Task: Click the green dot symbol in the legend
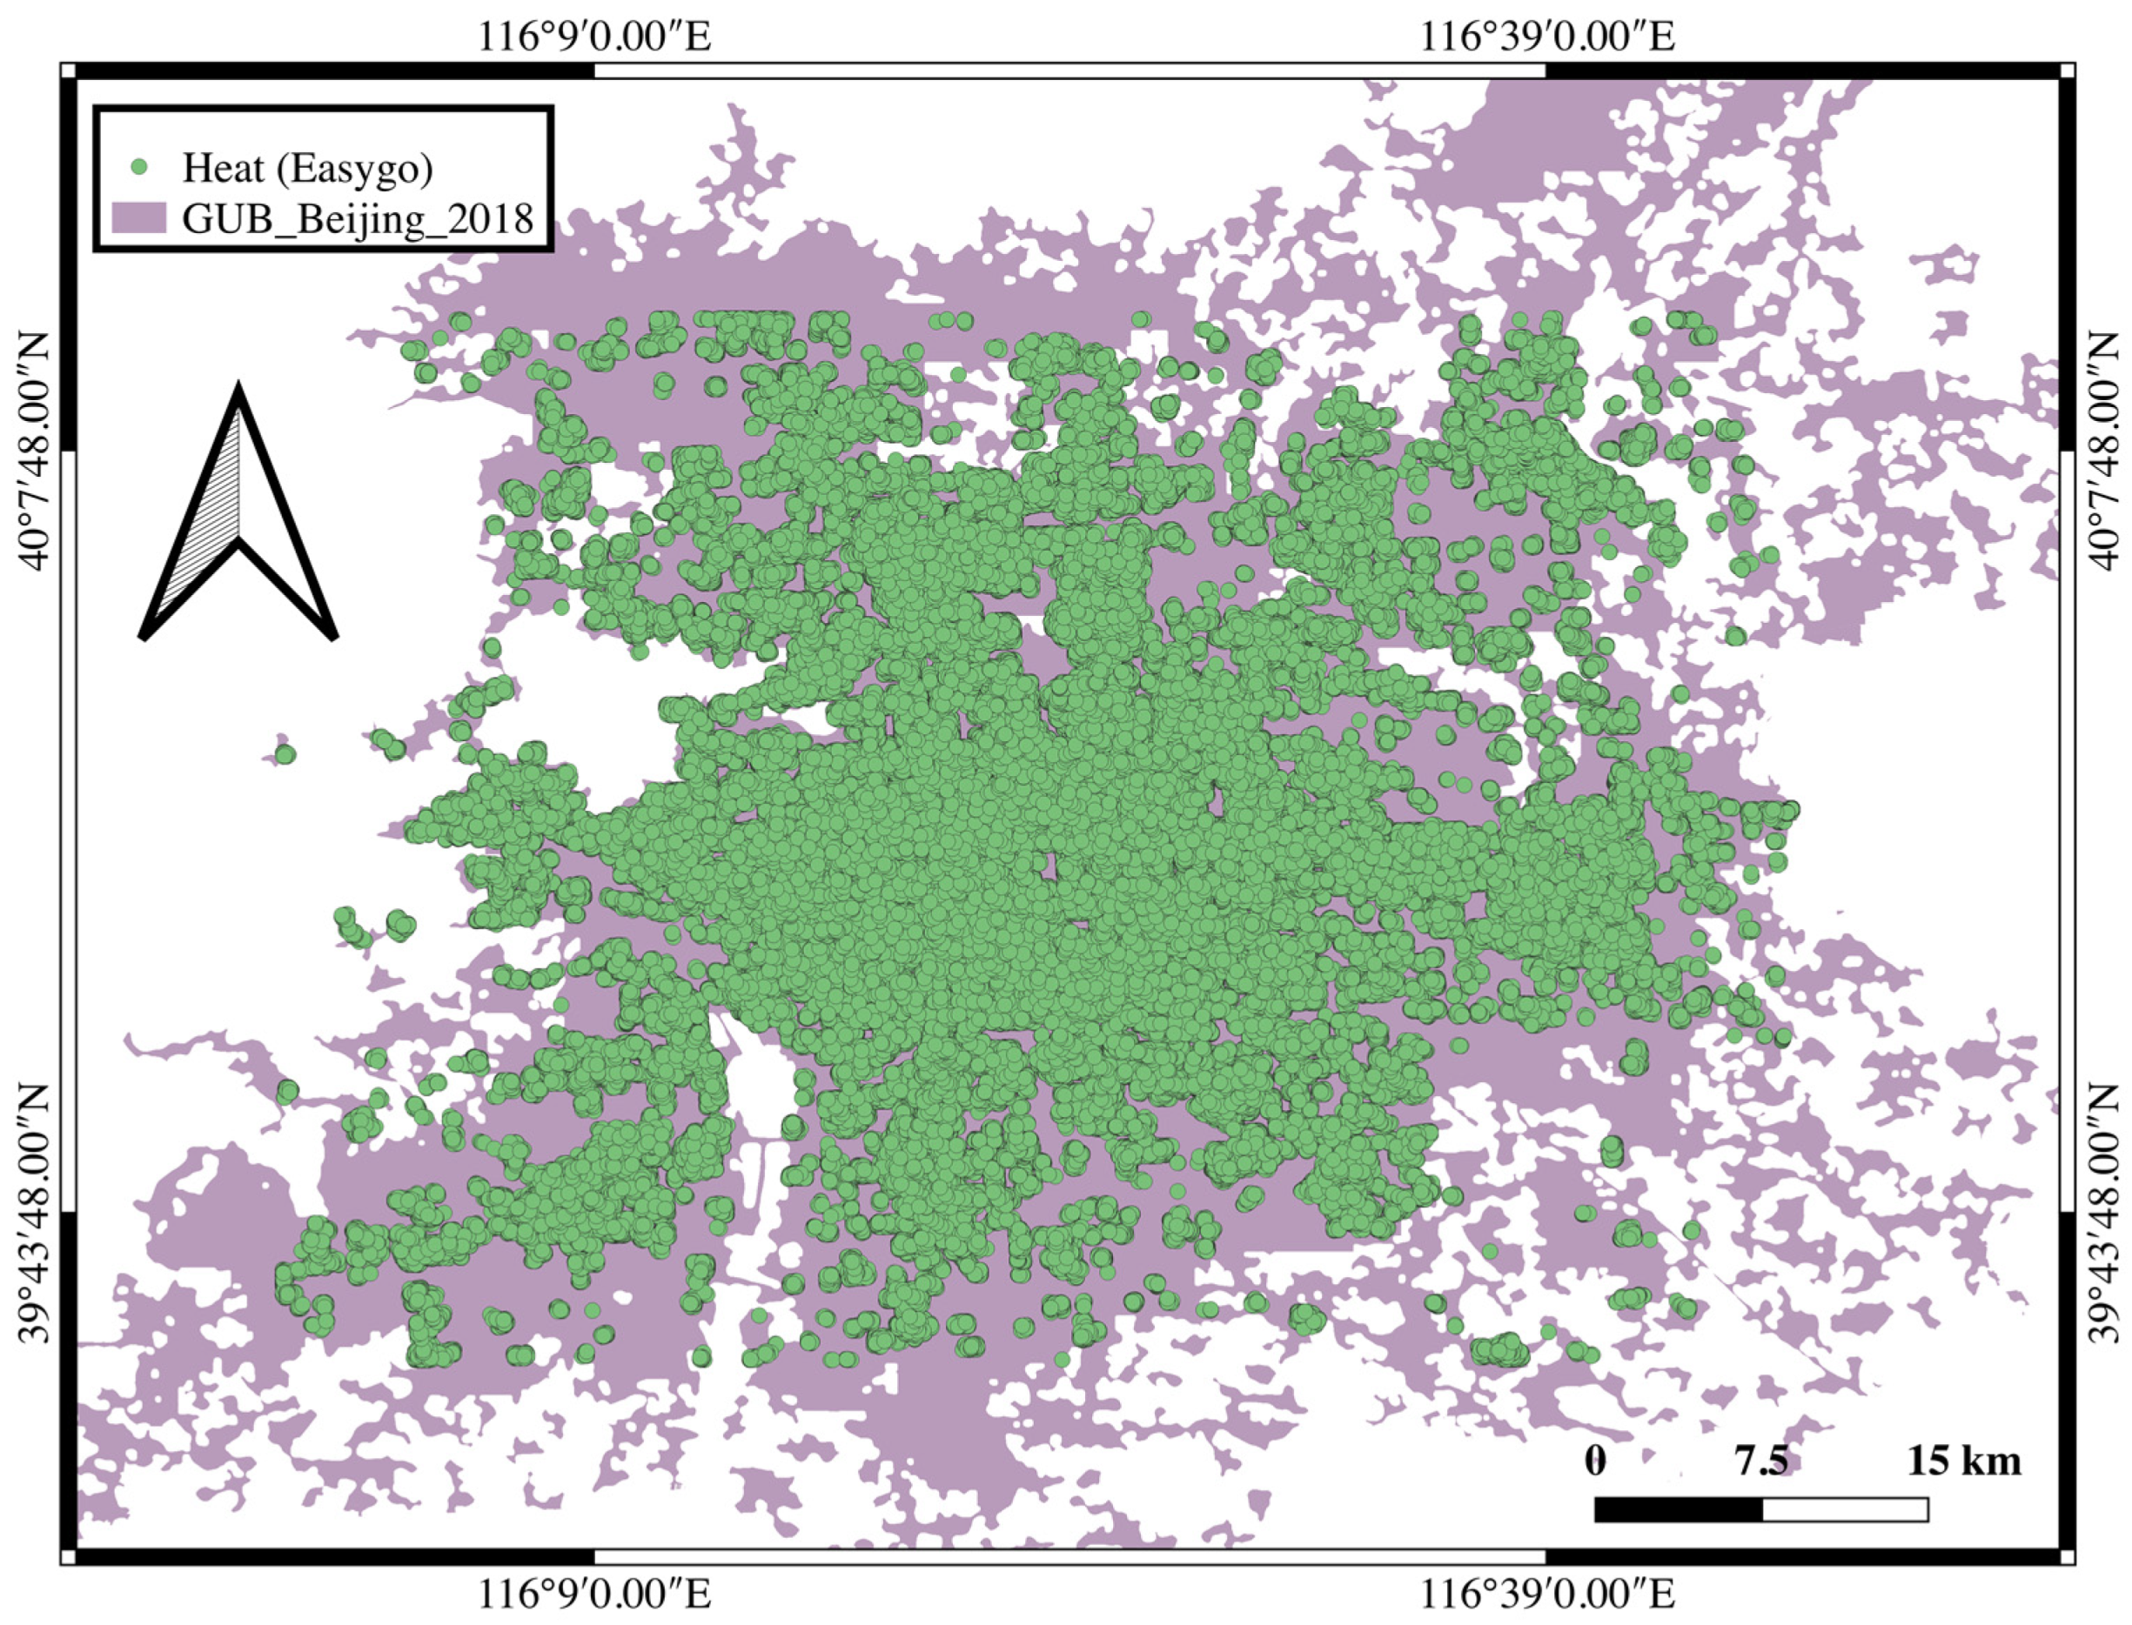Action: tap(139, 167)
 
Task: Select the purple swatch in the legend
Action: tap(138, 217)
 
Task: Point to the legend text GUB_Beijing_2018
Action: tap(357, 218)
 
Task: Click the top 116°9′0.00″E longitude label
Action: tap(594, 37)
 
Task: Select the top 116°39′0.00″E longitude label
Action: tap(1546, 37)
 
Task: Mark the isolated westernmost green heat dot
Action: tap(285, 753)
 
